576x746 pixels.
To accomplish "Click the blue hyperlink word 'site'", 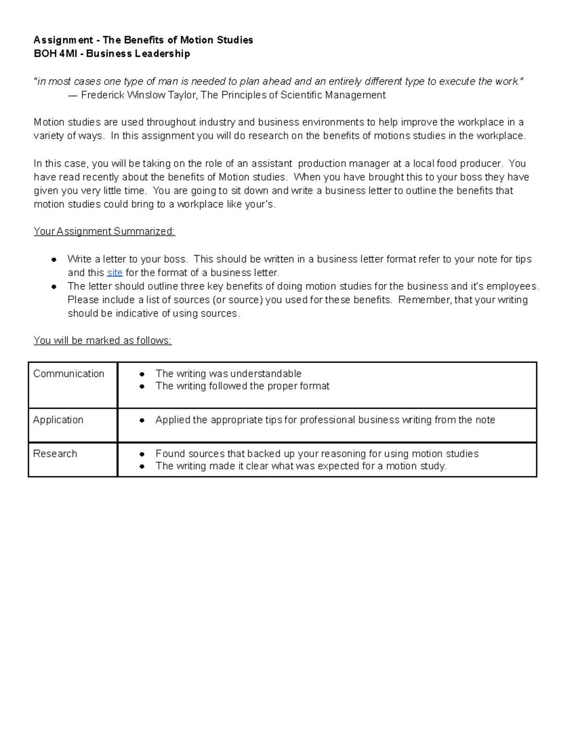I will [114, 273].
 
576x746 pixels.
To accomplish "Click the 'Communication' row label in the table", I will [69, 374].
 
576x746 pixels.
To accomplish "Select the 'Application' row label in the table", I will [58, 420].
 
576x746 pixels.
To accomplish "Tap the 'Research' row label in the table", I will [55, 454].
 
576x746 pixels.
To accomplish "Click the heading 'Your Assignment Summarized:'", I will [104, 232].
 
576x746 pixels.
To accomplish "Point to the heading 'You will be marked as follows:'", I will [102, 341].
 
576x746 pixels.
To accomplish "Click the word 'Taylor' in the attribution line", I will [182, 95].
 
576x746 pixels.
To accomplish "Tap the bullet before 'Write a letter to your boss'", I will [54, 260].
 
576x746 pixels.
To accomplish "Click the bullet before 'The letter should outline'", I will [54, 287].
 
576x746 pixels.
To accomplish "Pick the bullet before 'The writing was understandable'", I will [142, 374].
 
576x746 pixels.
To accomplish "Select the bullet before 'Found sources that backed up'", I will [142, 454].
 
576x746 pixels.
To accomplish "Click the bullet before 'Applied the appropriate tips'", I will [142, 420].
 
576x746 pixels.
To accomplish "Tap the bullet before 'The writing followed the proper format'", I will [142, 387].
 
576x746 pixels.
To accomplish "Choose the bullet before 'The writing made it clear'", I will [142, 466].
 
